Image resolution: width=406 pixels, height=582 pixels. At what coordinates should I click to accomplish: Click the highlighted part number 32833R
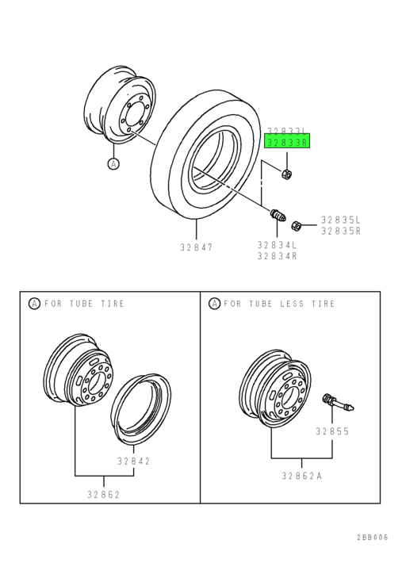(287, 142)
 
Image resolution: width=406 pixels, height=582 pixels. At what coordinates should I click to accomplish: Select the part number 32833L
(287, 131)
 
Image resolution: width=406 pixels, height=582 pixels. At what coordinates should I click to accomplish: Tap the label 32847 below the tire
(197, 247)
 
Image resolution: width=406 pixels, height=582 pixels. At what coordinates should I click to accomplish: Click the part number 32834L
(278, 245)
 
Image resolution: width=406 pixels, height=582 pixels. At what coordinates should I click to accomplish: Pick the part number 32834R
(278, 256)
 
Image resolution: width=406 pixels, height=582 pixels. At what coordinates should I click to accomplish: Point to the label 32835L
(341, 220)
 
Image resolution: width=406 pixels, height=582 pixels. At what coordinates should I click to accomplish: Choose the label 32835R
(341, 231)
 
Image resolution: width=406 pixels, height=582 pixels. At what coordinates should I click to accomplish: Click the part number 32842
(133, 461)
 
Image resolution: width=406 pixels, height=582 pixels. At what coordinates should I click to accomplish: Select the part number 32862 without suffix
(104, 495)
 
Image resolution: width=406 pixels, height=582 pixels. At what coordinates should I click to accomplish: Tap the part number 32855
(332, 431)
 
